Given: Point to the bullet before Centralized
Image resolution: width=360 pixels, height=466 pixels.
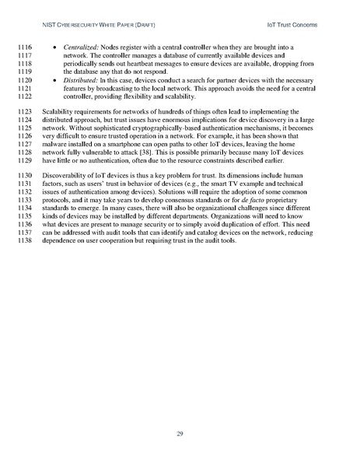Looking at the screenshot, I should pyautogui.click(x=75, y=48).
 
